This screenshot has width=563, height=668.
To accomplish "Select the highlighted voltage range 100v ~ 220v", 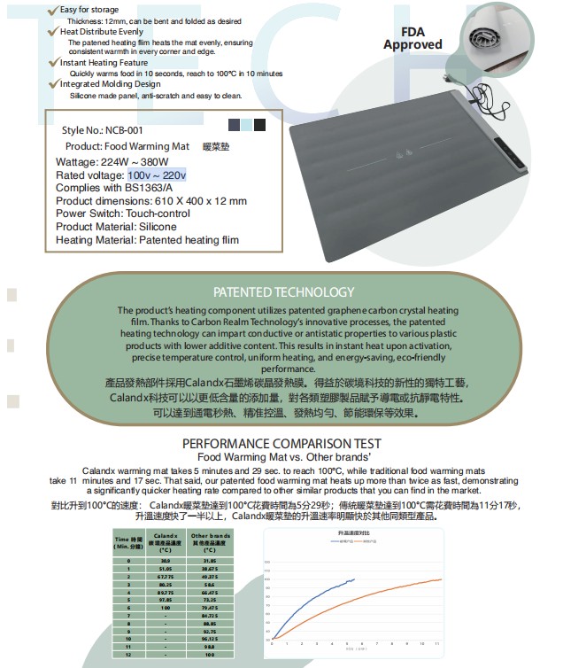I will click(157, 175).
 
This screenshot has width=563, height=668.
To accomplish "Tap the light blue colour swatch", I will click(245, 125).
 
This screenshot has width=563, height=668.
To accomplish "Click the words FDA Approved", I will click(413, 38).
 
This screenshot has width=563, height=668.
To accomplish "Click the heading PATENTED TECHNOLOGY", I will click(283, 291).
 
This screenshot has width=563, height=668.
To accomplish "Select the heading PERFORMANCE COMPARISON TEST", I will click(281, 443).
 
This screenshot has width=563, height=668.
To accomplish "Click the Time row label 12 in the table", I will click(128, 654).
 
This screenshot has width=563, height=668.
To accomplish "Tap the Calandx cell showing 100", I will click(166, 607).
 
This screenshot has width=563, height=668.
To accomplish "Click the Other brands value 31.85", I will click(210, 561).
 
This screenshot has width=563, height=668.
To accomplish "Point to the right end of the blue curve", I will click(354, 579).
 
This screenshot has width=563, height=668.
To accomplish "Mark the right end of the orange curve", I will click(441, 579).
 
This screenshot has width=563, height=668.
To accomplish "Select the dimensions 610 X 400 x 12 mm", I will click(196, 201).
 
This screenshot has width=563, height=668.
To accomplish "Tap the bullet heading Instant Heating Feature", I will click(104, 64).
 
